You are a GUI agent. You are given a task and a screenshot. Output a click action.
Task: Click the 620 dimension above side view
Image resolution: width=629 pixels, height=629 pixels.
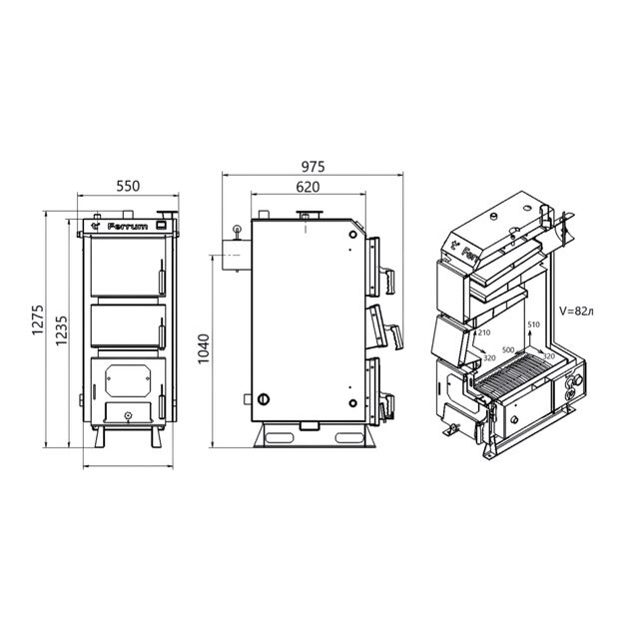tap(309, 186)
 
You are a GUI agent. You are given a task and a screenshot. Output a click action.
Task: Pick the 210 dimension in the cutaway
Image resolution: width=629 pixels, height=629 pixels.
tap(484, 332)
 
